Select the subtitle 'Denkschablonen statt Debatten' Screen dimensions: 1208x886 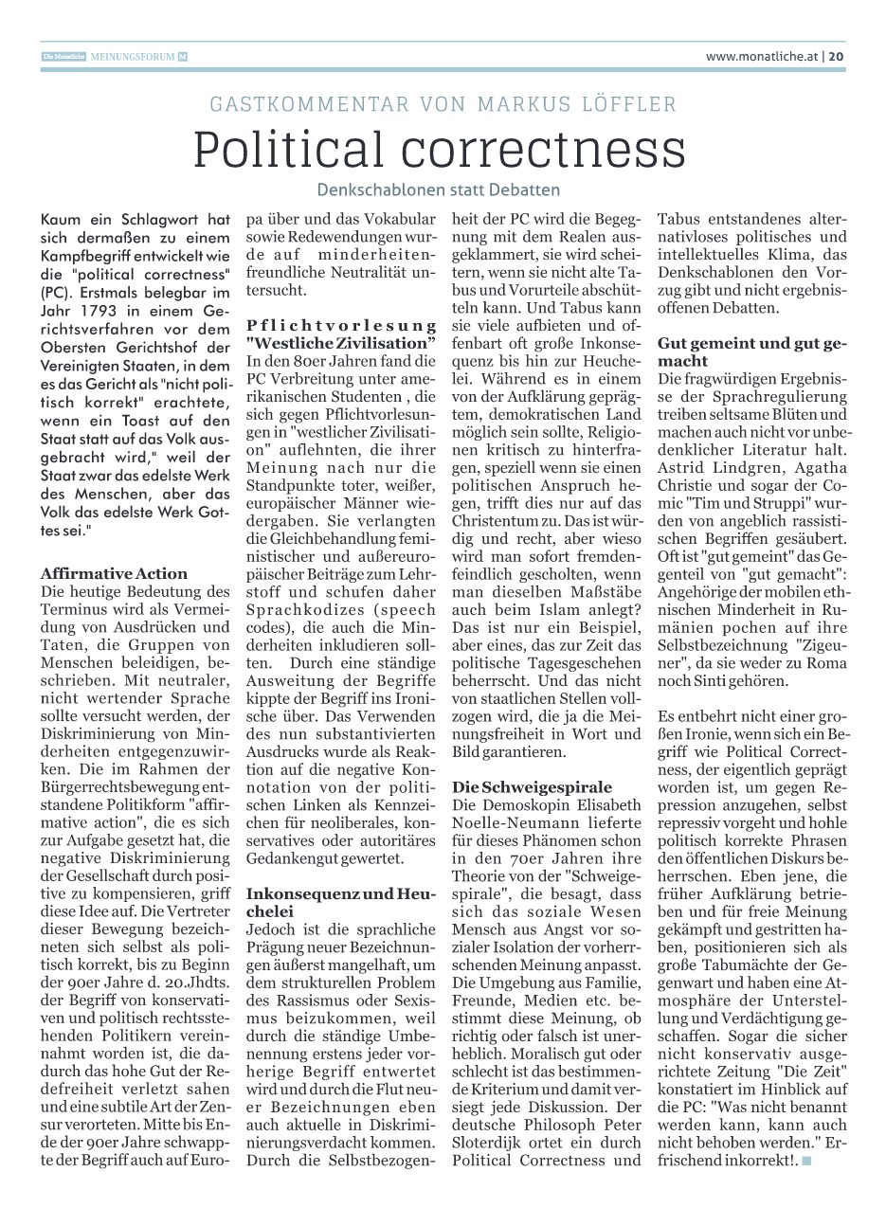439,189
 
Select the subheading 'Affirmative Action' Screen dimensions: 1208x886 115,573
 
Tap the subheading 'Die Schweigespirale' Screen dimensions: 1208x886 532,787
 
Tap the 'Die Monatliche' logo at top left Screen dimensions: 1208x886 63,57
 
